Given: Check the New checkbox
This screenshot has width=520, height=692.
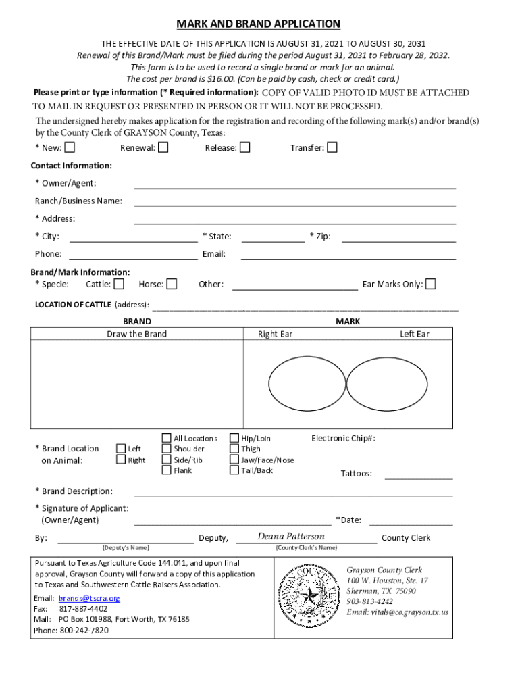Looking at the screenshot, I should tap(70, 147).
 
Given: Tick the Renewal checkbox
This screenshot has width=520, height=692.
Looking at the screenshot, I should tap(163, 147).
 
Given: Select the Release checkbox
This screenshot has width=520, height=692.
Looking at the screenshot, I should tap(245, 147).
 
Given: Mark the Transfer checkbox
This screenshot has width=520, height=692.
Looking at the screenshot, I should tap(332, 147).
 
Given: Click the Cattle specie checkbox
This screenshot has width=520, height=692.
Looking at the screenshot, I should tap(119, 284).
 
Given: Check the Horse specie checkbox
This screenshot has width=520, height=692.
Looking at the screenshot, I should tap(172, 284).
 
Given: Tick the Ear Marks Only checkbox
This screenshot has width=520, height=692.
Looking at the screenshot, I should tap(430, 284).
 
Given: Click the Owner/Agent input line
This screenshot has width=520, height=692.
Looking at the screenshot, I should tap(294, 184).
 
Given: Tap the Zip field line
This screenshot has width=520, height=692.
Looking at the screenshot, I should tap(398, 237).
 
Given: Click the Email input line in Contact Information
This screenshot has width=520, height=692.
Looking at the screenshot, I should tap(348, 255).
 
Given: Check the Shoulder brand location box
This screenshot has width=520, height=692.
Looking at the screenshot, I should tap(166, 449).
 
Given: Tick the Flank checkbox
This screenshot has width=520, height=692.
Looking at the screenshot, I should tap(166, 470).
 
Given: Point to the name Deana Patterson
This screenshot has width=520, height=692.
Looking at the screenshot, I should tap(291, 537).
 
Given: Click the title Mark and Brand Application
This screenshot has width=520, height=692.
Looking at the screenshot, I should tap(259, 24).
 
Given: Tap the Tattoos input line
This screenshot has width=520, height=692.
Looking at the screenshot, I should tap(418, 474).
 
